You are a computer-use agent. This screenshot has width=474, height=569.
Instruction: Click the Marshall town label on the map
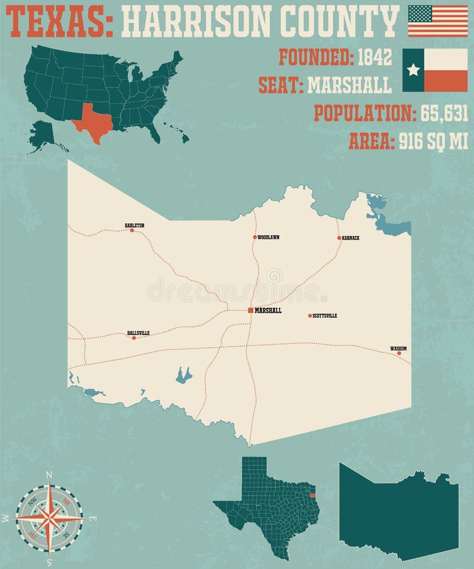tap(268, 310)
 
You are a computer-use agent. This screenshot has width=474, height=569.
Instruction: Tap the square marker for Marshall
tap(251, 310)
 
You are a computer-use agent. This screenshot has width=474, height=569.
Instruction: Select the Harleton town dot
tap(132, 230)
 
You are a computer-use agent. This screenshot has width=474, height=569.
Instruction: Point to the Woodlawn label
tap(269, 237)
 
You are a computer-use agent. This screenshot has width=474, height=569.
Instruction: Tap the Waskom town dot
tap(399, 353)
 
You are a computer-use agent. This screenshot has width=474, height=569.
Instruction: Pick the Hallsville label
tap(138, 333)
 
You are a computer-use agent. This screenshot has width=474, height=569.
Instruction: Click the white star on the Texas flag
tap(413, 70)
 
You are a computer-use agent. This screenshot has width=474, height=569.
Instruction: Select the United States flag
tap(438, 21)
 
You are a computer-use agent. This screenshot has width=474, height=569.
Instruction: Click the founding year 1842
tap(375, 58)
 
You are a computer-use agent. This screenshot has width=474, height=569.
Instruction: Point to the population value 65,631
tap(442, 113)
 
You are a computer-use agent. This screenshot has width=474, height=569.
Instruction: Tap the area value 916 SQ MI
tap(434, 141)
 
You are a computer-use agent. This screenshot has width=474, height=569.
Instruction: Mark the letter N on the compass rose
tap(49, 475)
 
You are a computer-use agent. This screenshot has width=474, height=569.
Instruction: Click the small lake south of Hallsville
tap(183, 376)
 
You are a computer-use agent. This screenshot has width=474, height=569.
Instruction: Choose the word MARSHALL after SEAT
tap(349, 85)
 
